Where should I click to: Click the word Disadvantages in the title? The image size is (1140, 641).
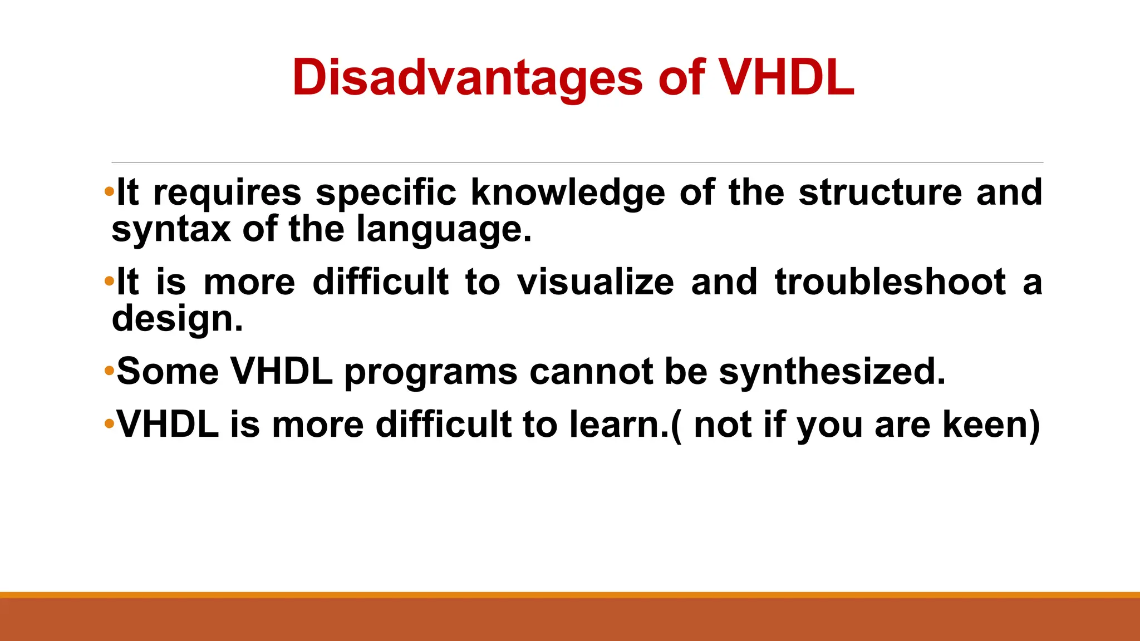pos(467,78)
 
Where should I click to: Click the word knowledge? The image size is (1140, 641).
pos(568,193)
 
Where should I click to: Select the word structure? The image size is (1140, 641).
pos(880,193)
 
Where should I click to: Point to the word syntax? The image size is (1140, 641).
pos(170,229)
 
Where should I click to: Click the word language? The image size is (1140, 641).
pos(443,229)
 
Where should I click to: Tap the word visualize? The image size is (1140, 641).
pos(595,282)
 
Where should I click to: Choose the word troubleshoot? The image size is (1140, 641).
pos(890,282)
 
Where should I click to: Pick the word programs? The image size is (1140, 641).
pos(430,371)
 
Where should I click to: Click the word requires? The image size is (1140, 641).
pos(227,193)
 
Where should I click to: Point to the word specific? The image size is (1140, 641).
pos(386,193)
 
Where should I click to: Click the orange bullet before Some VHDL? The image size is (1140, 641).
pos(109,371)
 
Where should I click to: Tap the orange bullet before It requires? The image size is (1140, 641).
pos(109,192)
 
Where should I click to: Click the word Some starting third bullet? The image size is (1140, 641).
pos(168,371)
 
